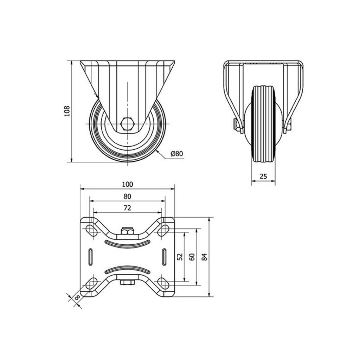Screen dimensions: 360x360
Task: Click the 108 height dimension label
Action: coord(67,111)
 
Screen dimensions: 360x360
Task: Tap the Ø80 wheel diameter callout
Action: coord(177,153)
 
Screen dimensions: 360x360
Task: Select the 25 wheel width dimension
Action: coord(263,176)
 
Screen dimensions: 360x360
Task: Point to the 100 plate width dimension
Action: coord(127,184)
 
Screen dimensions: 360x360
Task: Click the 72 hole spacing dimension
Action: coord(127,208)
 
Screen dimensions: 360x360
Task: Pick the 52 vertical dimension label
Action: coord(180,257)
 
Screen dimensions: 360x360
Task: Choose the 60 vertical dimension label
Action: coord(192,257)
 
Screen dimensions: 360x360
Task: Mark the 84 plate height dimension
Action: coord(204,257)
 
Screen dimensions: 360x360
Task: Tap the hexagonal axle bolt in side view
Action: coord(127,124)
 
